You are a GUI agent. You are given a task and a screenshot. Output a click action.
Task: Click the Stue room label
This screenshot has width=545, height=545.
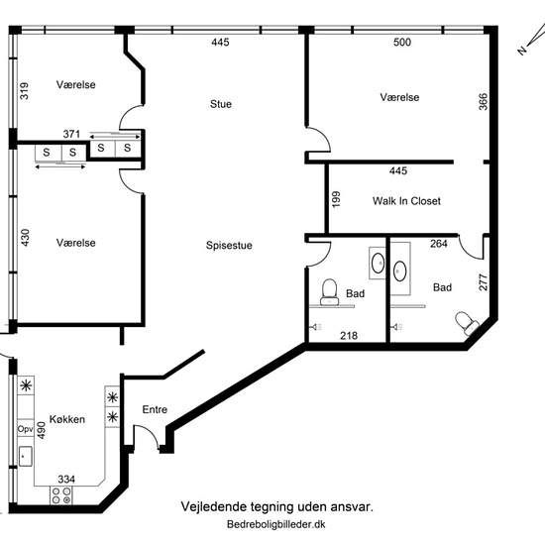pyautogui.click(x=221, y=104)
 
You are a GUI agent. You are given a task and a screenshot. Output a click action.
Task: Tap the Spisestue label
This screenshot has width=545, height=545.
pyautogui.click(x=229, y=246)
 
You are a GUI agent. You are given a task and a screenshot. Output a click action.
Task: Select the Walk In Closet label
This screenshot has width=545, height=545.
pyautogui.click(x=406, y=201)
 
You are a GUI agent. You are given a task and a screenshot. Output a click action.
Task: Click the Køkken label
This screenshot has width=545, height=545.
pyautogui.click(x=67, y=419)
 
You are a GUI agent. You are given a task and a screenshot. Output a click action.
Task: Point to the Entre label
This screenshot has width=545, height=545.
pyautogui.click(x=155, y=409)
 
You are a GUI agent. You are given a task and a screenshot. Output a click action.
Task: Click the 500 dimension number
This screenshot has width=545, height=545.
pyautogui.click(x=402, y=42)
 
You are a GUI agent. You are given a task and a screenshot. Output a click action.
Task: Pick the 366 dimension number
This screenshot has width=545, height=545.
pyautogui.click(x=484, y=101)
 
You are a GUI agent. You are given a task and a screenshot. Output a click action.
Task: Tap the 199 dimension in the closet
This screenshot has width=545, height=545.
pyautogui.click(x=336, y=199)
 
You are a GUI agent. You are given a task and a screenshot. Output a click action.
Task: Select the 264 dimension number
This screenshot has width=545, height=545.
pyautogui.click(x=439, y=244)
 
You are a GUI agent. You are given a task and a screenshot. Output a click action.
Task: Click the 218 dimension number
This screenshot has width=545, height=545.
pyautogui.click(x=349, y=335)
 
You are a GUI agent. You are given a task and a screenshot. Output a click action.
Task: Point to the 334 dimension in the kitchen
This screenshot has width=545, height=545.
pyautogui.click(x=66, y=480)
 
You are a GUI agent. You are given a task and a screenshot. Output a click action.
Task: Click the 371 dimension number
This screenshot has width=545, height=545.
pyautogui.click(x=71, y=134)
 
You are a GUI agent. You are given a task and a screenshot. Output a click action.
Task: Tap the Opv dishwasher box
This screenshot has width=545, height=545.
pyautogui.click(x=26, y=428)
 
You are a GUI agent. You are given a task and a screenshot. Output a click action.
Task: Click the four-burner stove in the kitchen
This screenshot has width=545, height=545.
pyautogui.click(x=61, y=495)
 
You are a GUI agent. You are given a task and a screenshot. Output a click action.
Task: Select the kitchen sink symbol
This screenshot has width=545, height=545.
pyautogui.click(x=26, y=456)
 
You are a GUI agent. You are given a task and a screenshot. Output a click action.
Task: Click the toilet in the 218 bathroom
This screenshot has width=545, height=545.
pyautogui.click(x=329, y=292)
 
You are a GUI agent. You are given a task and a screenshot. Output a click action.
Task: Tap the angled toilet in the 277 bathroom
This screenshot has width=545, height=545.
pyautogui.click(x=467, y=323)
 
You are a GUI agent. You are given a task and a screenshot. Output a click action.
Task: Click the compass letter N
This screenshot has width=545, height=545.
pyautogui.click(x=521, y=51)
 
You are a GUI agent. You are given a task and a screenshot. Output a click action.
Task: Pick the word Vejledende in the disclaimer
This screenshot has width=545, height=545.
pyautogui.click(x=209, y=506)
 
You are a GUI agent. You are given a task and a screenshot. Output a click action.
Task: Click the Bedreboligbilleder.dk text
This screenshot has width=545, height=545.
pyautogui.click(x=276, y=524)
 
